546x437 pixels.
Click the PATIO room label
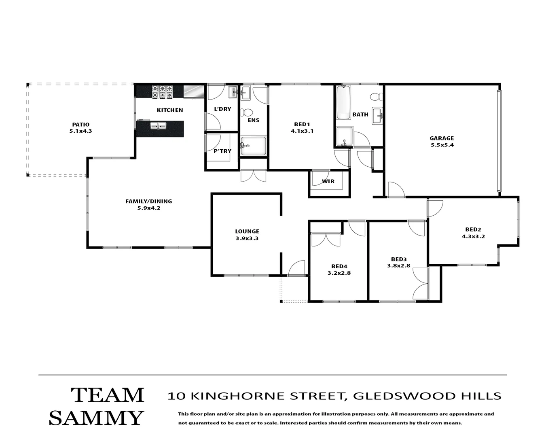[x=80, y=125]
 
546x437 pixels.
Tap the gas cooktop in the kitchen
[x=162, y=92]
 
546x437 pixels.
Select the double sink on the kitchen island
[x=158, y=126]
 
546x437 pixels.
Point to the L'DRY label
[x=222, y=109]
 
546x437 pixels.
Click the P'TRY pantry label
[x=222, y=151]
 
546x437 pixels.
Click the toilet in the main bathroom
[x=376, y=97]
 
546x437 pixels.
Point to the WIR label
[x=328, y=181]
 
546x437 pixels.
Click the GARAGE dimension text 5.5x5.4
[x=442, y=145]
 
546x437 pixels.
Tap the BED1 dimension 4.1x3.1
[x=302, y=131]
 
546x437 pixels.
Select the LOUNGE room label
[x=247, y=231]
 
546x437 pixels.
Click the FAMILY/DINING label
[x=148, y=201]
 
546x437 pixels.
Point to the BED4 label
[x=339, y=266]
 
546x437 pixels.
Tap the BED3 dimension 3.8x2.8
[x=399, y=266]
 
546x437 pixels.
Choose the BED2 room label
[x=473, y=229]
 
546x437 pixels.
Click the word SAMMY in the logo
[x=96, y=418]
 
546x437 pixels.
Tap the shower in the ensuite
[x=254, y=146]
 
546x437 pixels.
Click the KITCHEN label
[x=170, y=110]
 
